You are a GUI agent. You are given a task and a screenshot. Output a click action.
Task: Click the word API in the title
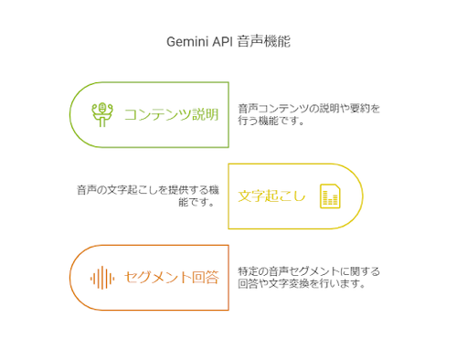coord(221,42)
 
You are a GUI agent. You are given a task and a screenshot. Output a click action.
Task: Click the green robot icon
coord(101,114)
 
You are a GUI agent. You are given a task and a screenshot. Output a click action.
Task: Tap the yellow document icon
coord(330,196)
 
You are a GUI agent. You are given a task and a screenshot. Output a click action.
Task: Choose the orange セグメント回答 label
coord(171,277)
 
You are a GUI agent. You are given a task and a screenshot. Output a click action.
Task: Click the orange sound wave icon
coord(101,277)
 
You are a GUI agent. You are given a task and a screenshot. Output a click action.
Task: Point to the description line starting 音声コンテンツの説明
coord(308,108)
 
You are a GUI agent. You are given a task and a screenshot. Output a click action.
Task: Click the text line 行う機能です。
coord(271,121)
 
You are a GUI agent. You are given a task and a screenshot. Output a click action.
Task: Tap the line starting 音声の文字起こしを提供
coord(147,189)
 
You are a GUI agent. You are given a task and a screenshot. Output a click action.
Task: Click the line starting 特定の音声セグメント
coord(308,270)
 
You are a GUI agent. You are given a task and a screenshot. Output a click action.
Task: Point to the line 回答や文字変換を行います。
coord(302,283)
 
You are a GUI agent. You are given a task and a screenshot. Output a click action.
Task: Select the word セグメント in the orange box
coord(154,277)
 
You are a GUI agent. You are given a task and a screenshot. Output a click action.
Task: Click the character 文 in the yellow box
coord(244,196)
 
